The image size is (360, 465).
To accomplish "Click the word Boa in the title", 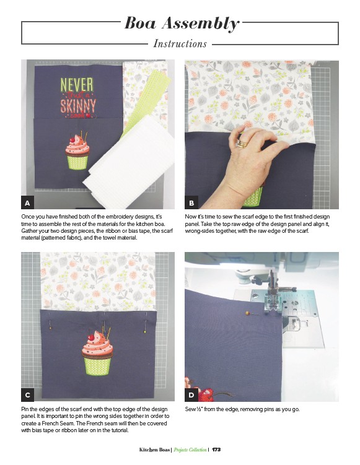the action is pyautogui.click(x=141, y=23).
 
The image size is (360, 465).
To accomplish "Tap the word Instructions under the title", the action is pyautogui.click(x=180, y=44).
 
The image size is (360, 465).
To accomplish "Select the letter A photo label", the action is pyautogui.click(x=28, y=203).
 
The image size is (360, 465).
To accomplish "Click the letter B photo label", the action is pyautogui.click(x=191, y=203).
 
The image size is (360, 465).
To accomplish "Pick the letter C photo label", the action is pyautogui.click(x=28, y=395).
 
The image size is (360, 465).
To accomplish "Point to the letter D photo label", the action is pyautogui.click(x=191, y=395).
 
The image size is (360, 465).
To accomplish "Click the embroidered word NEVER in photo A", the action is pyautogui.click(x=77, y=85).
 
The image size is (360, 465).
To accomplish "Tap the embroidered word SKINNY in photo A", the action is pyautogui.click(x=78, y=106).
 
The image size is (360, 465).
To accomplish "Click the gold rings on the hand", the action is pyautogui.click(x=242, y=144).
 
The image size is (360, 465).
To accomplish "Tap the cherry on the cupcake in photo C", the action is pyautogui.click(x=92, y=337).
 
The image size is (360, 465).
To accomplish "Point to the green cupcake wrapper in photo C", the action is pyautogui.click(x=97, y=366).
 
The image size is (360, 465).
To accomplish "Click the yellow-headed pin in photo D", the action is pyautogui.click(x=247, y=313).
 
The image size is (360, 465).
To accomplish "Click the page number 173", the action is pyautogui.click(x=216, y=450).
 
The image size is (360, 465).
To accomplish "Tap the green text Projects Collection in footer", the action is pyautogui.click(x=190, y=450).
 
